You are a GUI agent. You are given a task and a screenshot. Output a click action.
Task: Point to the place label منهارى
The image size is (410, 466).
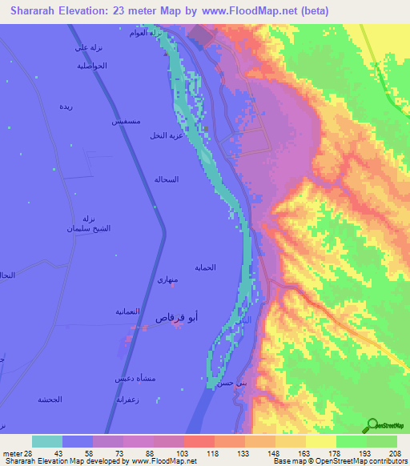pos(168,280)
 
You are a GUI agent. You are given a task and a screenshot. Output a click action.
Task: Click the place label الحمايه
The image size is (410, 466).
pos(228,268)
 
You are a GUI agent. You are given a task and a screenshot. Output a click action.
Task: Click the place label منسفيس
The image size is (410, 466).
pos(127,123)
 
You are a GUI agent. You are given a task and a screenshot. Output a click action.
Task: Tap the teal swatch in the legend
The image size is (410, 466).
pos(47,441)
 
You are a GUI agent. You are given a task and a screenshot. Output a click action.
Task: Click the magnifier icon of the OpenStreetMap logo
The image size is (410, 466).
pos(372,424)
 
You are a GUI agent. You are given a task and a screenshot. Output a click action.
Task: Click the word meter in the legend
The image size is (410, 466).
pos(11,454)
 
